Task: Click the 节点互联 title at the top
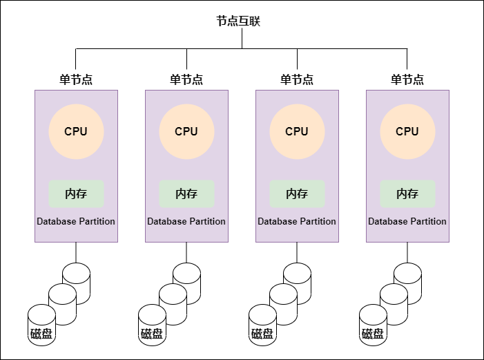point(242,21)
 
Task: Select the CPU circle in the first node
point(76,131)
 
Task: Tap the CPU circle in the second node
point(186,131)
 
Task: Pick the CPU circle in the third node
point(297,131)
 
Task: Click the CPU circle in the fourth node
point(407,131)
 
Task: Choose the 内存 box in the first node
point(76,193)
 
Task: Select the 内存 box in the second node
point(186,193)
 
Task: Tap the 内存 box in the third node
point(297,193)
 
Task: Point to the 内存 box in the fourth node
point(407,193)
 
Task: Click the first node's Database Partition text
point(76,222)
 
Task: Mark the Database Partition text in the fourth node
point(407,222)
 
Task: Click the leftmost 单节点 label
point(76,79)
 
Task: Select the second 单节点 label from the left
point(186,79)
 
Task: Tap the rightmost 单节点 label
point(407,79)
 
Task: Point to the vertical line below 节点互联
point(242,38)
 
